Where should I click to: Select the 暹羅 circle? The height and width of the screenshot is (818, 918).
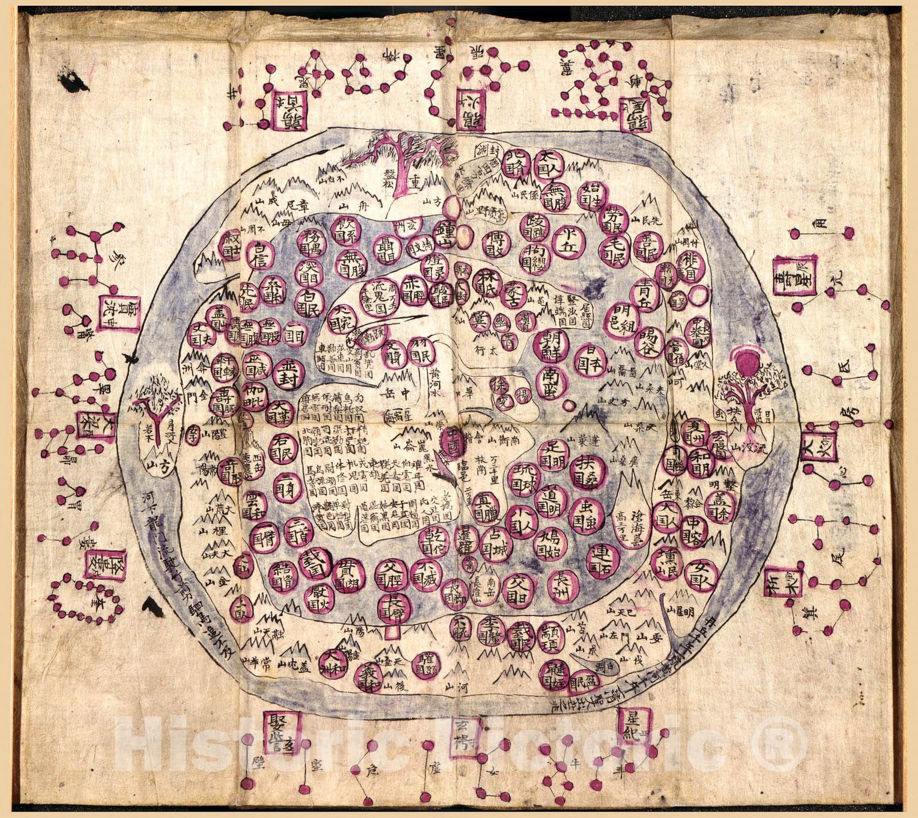pos(465,540)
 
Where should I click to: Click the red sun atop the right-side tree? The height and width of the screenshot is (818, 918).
pos(747,361)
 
